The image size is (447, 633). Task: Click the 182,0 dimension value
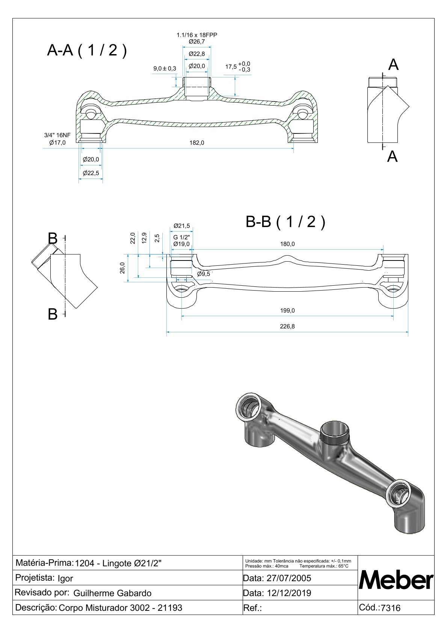click(196, 143)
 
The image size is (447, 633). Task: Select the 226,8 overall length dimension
click(287, 326)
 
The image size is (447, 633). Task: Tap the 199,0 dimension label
click(287, 310)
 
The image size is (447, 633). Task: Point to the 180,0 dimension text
click(287, 244)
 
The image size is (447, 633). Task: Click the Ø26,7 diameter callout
click(196, 42)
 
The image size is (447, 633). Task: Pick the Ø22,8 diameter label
click(196, 54)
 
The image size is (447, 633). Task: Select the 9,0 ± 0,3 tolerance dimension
click(165, 68)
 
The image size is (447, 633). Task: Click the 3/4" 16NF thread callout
click(57, 135)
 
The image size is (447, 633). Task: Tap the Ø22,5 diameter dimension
click(91, 173)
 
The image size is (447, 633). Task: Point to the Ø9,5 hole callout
click(204, 274)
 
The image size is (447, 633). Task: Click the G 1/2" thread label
click(181, 238)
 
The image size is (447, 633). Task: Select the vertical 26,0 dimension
click(122, 268)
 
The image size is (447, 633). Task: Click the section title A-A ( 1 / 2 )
click(87, 50)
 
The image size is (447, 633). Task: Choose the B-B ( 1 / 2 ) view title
click(285, 221)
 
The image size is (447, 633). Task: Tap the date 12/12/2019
click(289, 593)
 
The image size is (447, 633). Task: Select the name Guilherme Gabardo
click(112, 593)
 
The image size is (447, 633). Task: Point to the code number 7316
click(391, 608)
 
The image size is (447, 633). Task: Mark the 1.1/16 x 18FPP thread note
click(197, 35)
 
